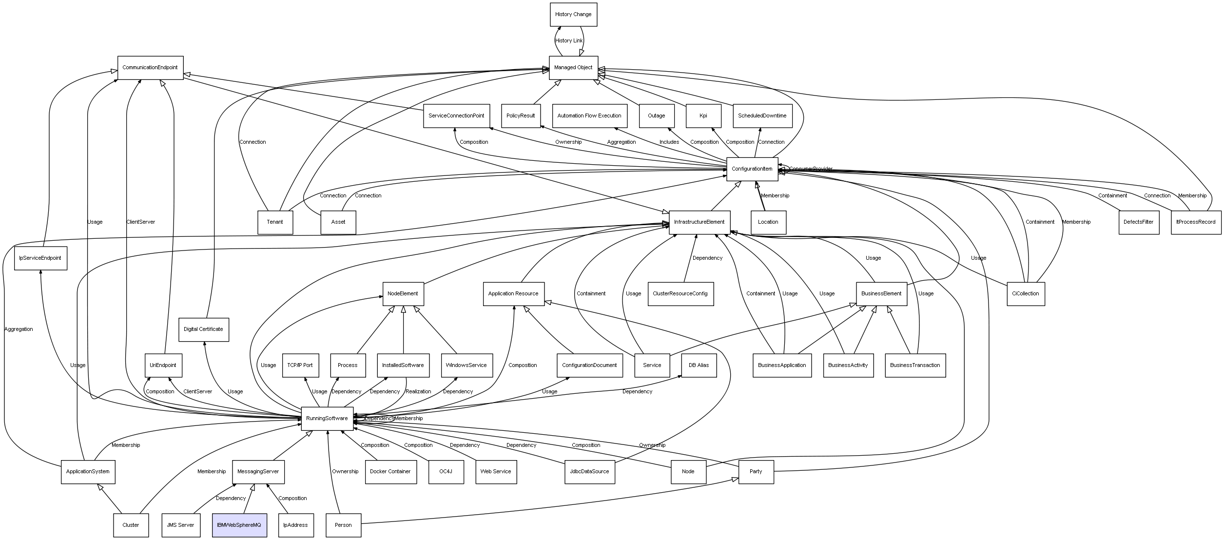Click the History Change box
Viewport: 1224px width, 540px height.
(573, 15)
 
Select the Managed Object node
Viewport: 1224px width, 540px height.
(573, 68)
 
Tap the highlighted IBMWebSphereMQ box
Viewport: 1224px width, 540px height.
(239, 525)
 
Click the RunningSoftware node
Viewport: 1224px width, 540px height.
(327, 419)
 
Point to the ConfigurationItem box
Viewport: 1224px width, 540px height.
(752, 169)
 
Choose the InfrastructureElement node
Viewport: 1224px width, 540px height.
(699, 222)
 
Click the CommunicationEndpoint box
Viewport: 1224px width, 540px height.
(150, 68)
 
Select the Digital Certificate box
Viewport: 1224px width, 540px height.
(203, 329)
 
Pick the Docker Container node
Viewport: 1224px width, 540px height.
(390, 472)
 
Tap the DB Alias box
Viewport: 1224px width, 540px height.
(699, 366)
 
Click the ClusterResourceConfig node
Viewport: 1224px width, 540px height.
(680, 294)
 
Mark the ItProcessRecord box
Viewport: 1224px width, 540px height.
(1196, 222)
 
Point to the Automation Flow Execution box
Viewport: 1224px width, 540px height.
(589, 116)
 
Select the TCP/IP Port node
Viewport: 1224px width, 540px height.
(300, 366)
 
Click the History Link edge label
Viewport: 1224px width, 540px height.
(569, 41)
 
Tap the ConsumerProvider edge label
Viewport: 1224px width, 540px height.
(811, 169)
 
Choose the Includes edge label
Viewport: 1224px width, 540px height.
(669, 142)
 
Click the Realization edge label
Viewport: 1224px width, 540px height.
(418, 392)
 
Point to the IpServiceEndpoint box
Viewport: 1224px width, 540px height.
(40, 258)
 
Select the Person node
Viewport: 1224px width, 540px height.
(343, 525)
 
